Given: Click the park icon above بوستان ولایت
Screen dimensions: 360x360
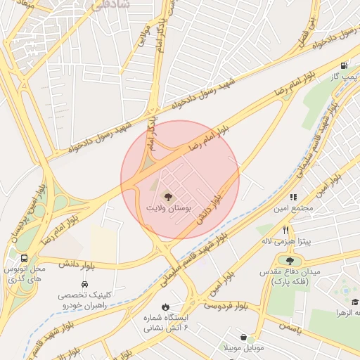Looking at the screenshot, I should (167, 196).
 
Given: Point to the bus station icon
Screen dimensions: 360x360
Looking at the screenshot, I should (25, 257).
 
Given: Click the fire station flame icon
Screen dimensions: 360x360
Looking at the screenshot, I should (165, 307).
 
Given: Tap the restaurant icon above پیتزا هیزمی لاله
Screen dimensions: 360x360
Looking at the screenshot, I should (285, 229).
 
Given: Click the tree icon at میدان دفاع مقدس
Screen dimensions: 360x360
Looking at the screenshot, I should (290, 262).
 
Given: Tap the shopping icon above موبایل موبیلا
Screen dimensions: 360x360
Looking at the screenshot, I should (251, 338).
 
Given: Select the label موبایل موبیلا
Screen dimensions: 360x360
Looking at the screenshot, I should (243, 349).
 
